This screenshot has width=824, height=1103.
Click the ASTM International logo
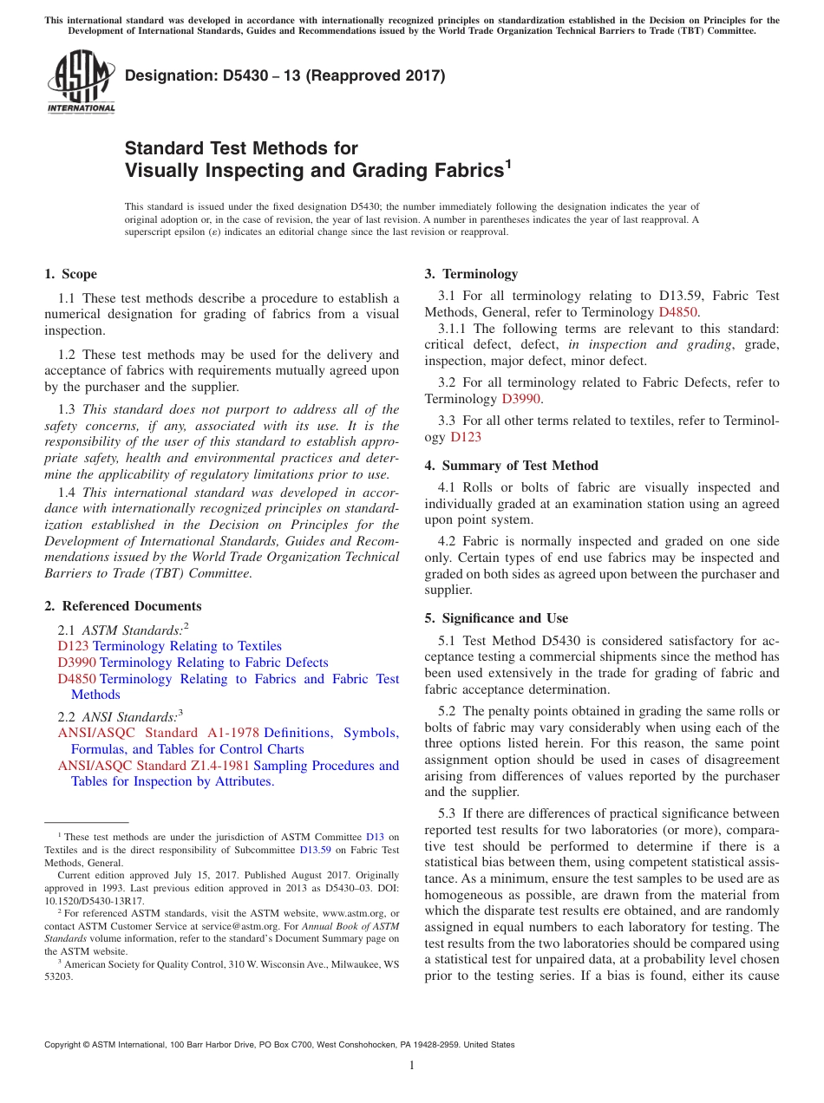pyautogui.click(x=81, y=82)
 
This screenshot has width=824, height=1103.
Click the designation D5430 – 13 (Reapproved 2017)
pyautogui.click(x=284, y=76)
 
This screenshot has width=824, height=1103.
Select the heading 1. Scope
pyautogui.click(x=70, y=274)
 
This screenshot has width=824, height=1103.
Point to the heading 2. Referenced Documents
pyautogui.click(x=122, y=606)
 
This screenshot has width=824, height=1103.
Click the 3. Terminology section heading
pyautogui.click(x=471, y=274)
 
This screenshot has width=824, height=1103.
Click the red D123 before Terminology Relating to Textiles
pyautogui.click(x=73, y=646)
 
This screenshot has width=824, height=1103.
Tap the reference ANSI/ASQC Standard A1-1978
pyautogui.click(x=158, y=733)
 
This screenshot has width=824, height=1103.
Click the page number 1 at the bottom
pyautogui.click(x=412, y=1066)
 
